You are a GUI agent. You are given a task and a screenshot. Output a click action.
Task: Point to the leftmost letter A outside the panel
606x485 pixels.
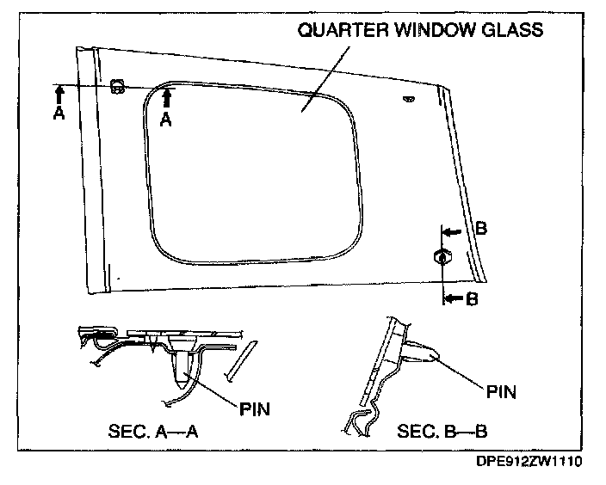tap(59, 114)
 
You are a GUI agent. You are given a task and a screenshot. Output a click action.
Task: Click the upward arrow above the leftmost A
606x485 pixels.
tap(59, 93)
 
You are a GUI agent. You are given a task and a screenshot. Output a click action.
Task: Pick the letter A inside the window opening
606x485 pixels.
tap(167, 121)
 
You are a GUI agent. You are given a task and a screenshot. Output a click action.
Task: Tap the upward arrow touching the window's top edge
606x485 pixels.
tap(167, 98)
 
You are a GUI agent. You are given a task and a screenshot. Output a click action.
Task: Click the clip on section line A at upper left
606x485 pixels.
tap(118, 86)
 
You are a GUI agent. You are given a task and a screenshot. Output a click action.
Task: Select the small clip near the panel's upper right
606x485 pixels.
tap(408, 99)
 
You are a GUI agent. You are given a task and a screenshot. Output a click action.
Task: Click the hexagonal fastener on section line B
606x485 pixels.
tap(441, 255)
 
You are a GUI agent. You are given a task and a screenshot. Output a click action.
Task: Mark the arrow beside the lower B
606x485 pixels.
tap(451, 298)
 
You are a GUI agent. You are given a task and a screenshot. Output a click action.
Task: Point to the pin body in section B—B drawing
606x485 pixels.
tap(425, 351)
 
